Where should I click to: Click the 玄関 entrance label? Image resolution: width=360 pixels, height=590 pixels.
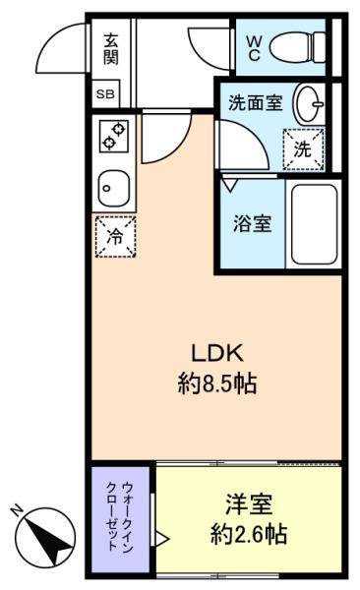pyautogui.click(x=111, y=47)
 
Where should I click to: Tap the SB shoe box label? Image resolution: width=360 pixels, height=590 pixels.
pyautogui.click(x=104, y=95)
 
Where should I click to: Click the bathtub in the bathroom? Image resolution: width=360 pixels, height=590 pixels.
pyautogui.click(x=313, y=223)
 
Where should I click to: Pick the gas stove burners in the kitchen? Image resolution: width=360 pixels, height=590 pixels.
pyautogui.click(x=111, y=138)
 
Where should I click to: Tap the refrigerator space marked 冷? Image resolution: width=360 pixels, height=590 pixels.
pyautogui.click(x=114, y=236)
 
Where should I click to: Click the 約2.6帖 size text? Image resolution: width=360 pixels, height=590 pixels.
pyautogui.click(x=248, y=536)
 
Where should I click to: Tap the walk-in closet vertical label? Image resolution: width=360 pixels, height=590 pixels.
pyautogui.click(x=124, y=521)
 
